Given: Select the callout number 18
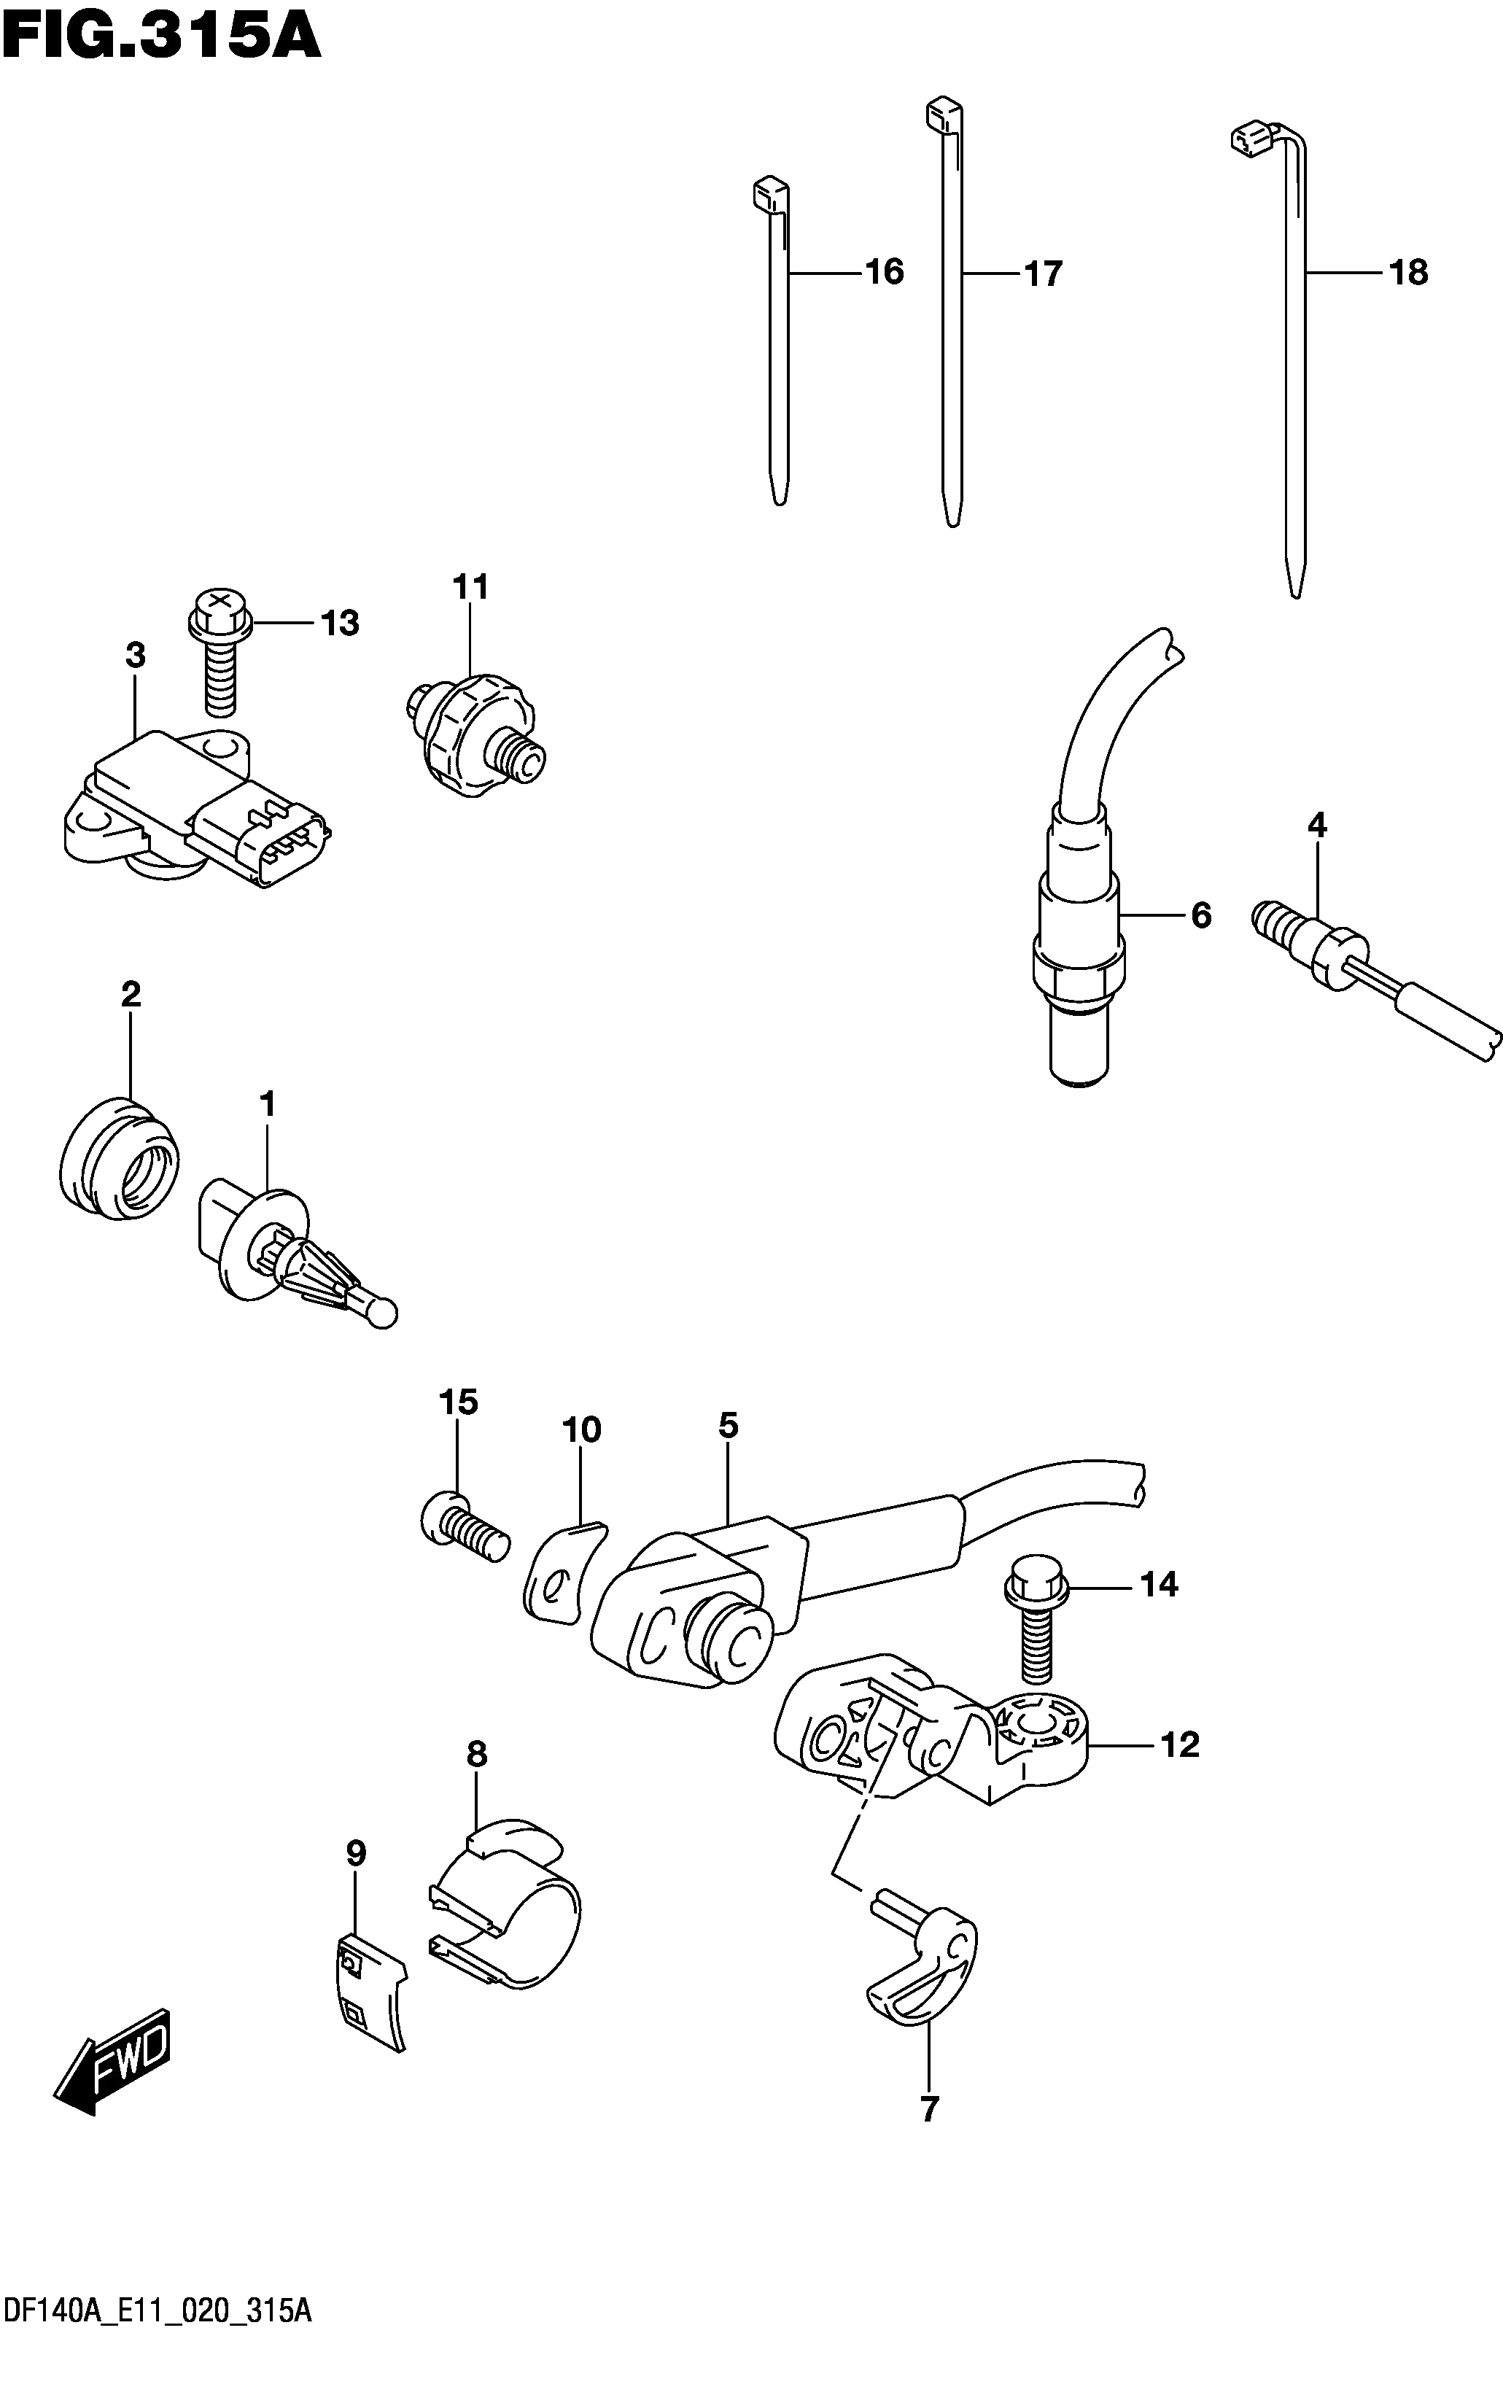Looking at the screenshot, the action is (1409, 271).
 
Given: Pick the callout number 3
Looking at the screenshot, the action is (136, 655).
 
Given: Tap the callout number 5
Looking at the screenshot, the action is (729, 1427).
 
